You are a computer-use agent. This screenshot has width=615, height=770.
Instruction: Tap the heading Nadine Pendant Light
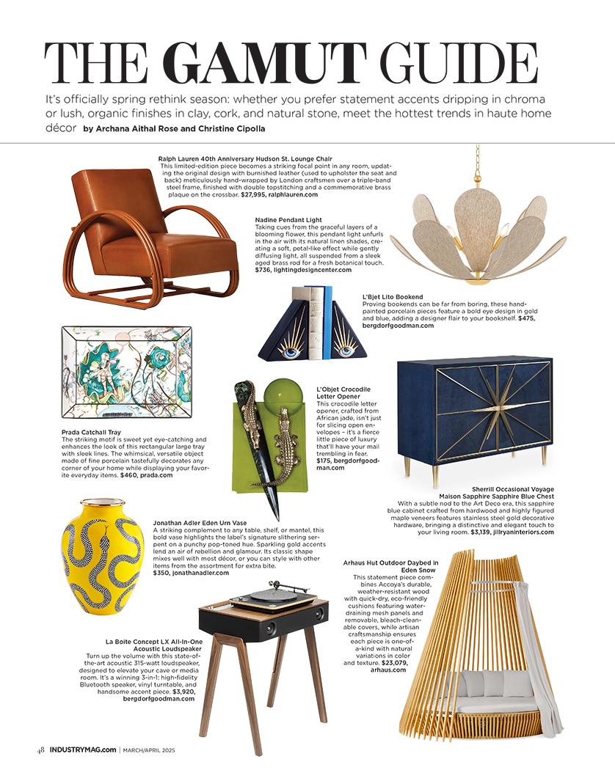pos(288,219)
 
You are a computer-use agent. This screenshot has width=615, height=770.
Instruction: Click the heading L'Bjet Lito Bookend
pos(393,297)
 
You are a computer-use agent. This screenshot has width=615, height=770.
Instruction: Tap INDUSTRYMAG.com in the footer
pos(83,749)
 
